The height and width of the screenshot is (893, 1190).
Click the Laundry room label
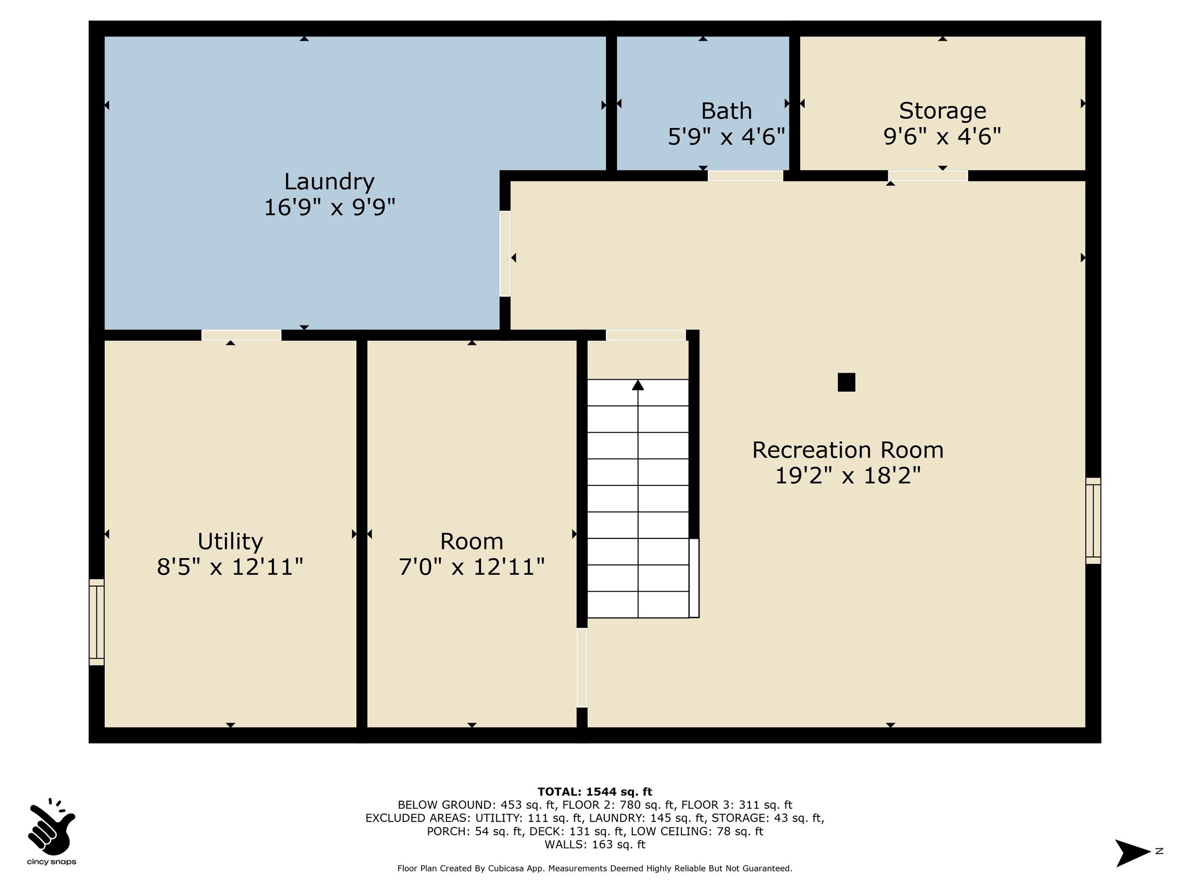(x=329, y=182)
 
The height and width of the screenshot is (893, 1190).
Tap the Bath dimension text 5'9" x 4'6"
(x=726, y=137)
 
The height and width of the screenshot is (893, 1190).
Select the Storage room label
(x=942, y=110)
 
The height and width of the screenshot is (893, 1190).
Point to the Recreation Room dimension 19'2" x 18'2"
(x=848, y=476)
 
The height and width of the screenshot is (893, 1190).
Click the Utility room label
(x=230, y=541)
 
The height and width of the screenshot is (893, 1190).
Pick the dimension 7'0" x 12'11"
(x=471, y=566)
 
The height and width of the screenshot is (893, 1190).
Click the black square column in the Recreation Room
(x=846, y=382)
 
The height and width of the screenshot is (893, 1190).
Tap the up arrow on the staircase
(x=638, y=384)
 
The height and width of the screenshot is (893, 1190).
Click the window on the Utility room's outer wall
(x=96, y=621)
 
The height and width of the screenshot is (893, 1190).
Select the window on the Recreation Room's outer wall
(x=1093, y=520)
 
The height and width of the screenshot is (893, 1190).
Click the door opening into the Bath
(x=745, y=176)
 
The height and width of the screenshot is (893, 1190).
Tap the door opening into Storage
(x=928, y=176)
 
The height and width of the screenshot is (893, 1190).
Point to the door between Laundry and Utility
(x=241, y=335)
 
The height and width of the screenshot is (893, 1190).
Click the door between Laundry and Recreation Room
(x=505, y=253)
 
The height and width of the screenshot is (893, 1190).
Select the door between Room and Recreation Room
(x=582, y=667)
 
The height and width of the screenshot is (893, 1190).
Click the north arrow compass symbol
(x=1132, y=853)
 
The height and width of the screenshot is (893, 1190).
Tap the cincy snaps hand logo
(x=51, y=825)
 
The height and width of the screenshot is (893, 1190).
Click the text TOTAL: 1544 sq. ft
(x=594, y=792)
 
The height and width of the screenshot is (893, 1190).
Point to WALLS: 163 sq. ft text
(x=594, y=844)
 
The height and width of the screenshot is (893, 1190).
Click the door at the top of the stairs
(x=646, y=335)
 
